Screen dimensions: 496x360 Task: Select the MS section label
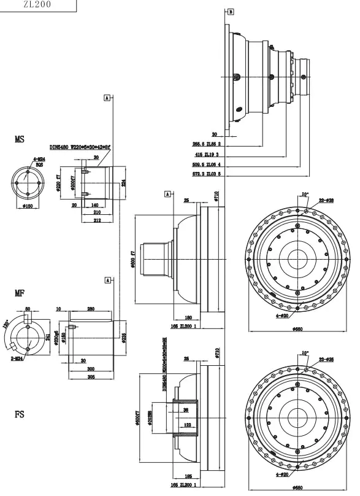pyautogui.click(x=20, y=140)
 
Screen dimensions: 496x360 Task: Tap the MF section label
pyautogui.click(x=19, y=293)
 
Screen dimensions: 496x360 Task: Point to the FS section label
pyautogui.click(x=20, y=414)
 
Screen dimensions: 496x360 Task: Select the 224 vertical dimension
pyautogui.click(x=123, y=182)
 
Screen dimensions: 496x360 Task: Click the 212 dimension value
pyautogui.click(x=97, y=219)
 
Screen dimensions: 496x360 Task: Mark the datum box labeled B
pyautogui.click(x=230, y=11)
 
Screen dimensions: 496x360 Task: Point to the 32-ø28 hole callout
pyautogui.click(x=326, y=200)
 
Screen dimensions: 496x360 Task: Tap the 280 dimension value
pyautogui.click(x=91, y=308)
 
